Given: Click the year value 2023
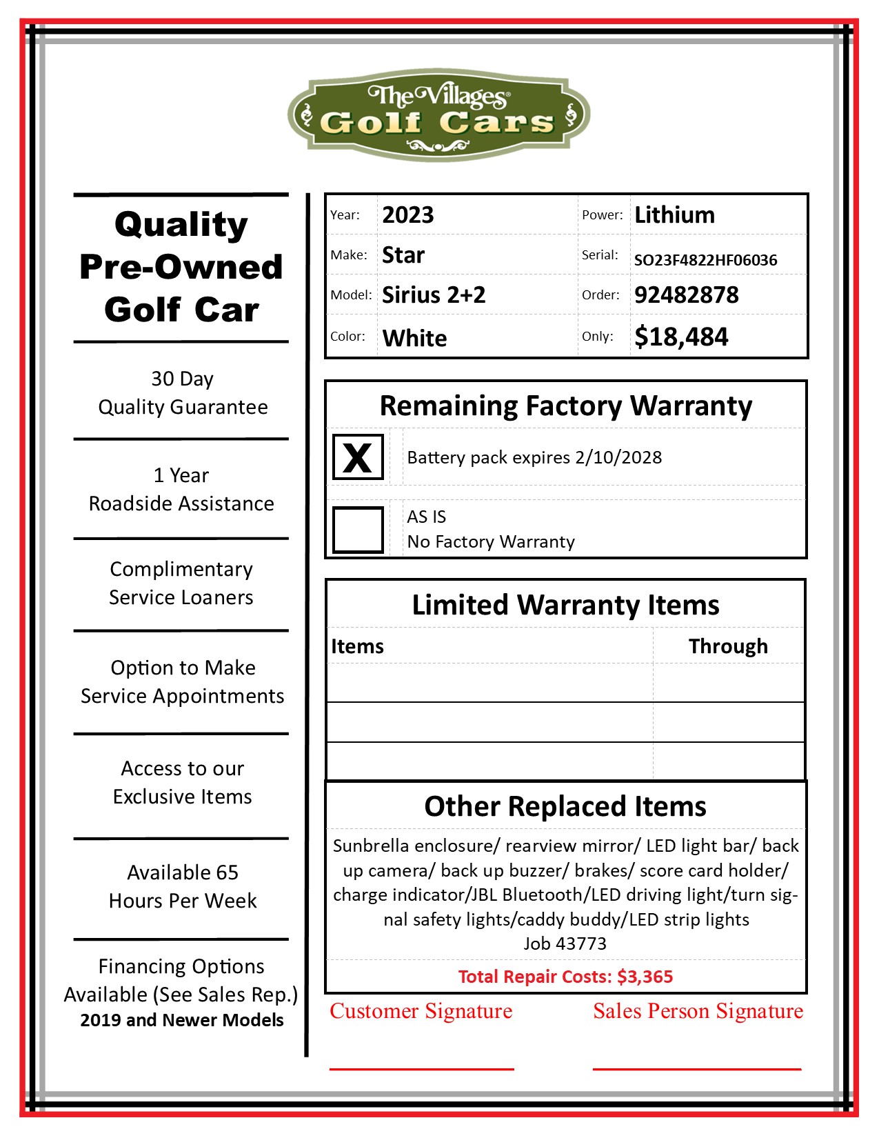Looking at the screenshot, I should pyautogui.click(x=408, y=215).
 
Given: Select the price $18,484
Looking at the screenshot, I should pyautogui.click(x=681, y=337).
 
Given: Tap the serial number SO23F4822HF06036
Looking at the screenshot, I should pyautogui.click(x=705, y=260).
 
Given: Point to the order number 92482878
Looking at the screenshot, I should pyautogui.click(x=686, y=295).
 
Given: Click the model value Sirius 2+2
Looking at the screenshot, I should pyautogui.click(x=434, y=295).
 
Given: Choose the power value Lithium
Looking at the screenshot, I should pyautogui.click(x=674, y=215).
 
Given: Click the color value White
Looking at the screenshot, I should pyautogui.click(x=414, y=338).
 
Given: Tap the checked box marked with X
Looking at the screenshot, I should pyautogui.click(x=358, y=457).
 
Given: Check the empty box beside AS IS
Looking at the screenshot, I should pyautogui.click(x=358, y=530).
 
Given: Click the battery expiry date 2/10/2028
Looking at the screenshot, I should pyautogui.click(x=618, y=458).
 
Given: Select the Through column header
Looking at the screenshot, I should pyautogui.click(x=728, y=646).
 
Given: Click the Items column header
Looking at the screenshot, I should pyautogui.click(x=357, y=646).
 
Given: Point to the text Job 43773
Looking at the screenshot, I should pyautogui.click(x=565, y=944).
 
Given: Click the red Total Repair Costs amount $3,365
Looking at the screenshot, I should pyautogui.click(x=645, y=977).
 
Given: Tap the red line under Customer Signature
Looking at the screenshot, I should pyautogui.click(x=421, y=1069).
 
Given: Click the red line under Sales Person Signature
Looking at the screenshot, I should pyautogui.click(x=696, y=1069).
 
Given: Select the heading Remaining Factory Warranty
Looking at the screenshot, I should pyautogui.click(x=565, y=406).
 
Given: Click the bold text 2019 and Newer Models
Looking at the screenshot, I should pyautogui.click(x=182, y=1020).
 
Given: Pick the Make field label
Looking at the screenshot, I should pyautogui.click(x=348, y=255).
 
